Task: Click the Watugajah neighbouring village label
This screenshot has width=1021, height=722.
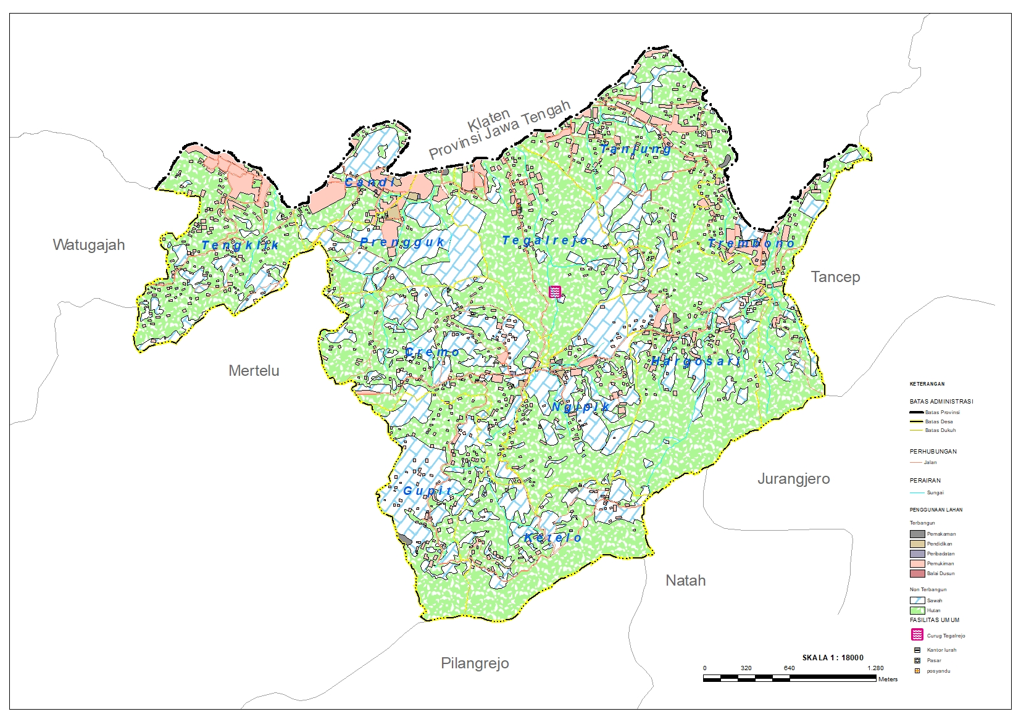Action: [89, 245]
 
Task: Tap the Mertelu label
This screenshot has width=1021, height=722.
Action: [254, 371]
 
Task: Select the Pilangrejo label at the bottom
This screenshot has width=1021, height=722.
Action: [475, 663]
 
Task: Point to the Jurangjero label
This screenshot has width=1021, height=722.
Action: [793, 479]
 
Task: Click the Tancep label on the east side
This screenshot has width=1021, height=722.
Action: [835, 277]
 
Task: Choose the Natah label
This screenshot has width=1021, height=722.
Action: [685, 581]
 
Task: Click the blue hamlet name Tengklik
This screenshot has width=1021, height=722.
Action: [240, 246]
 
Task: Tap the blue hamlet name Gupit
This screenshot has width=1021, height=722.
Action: [428, 491]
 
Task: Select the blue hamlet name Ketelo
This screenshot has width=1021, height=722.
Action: [552, 538]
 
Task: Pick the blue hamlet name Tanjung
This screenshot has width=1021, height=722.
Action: [636, 149]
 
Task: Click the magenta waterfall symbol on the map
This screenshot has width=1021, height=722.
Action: [555, 292]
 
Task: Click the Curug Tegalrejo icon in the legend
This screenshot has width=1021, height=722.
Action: [917, 635]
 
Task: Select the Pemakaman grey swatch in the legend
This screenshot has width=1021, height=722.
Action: [917, 534]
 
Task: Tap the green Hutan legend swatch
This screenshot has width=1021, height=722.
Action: [917, 610]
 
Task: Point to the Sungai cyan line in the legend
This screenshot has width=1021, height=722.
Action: [917, 492]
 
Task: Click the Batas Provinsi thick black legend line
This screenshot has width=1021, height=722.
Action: [917, 412]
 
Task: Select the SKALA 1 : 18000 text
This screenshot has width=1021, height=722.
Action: [833, 658]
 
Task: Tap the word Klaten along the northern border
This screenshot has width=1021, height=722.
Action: [489, 119]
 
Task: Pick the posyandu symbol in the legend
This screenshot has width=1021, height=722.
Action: [917, 671]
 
